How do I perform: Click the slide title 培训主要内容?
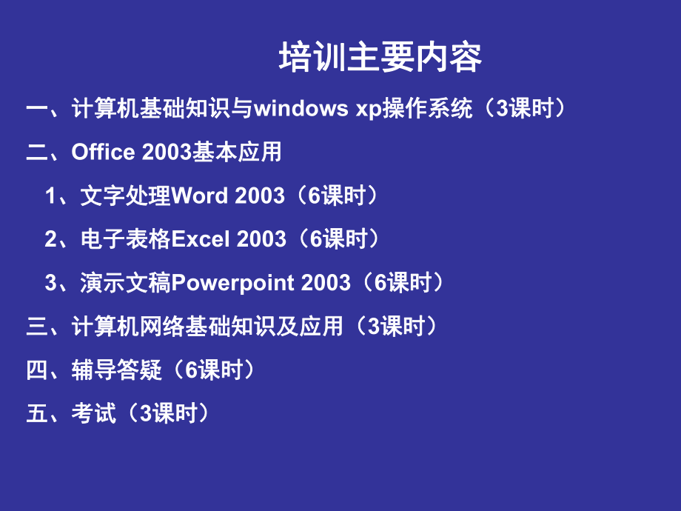click(380, 59)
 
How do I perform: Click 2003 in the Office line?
click(167, 152)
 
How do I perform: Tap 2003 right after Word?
click(259, 196)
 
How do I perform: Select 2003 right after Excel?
click(261, 238)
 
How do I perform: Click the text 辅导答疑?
click(116, 370)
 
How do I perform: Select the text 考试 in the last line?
click(94, 413)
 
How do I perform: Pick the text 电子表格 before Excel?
click(126, 238)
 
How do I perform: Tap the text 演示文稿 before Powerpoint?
click(126, 282)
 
